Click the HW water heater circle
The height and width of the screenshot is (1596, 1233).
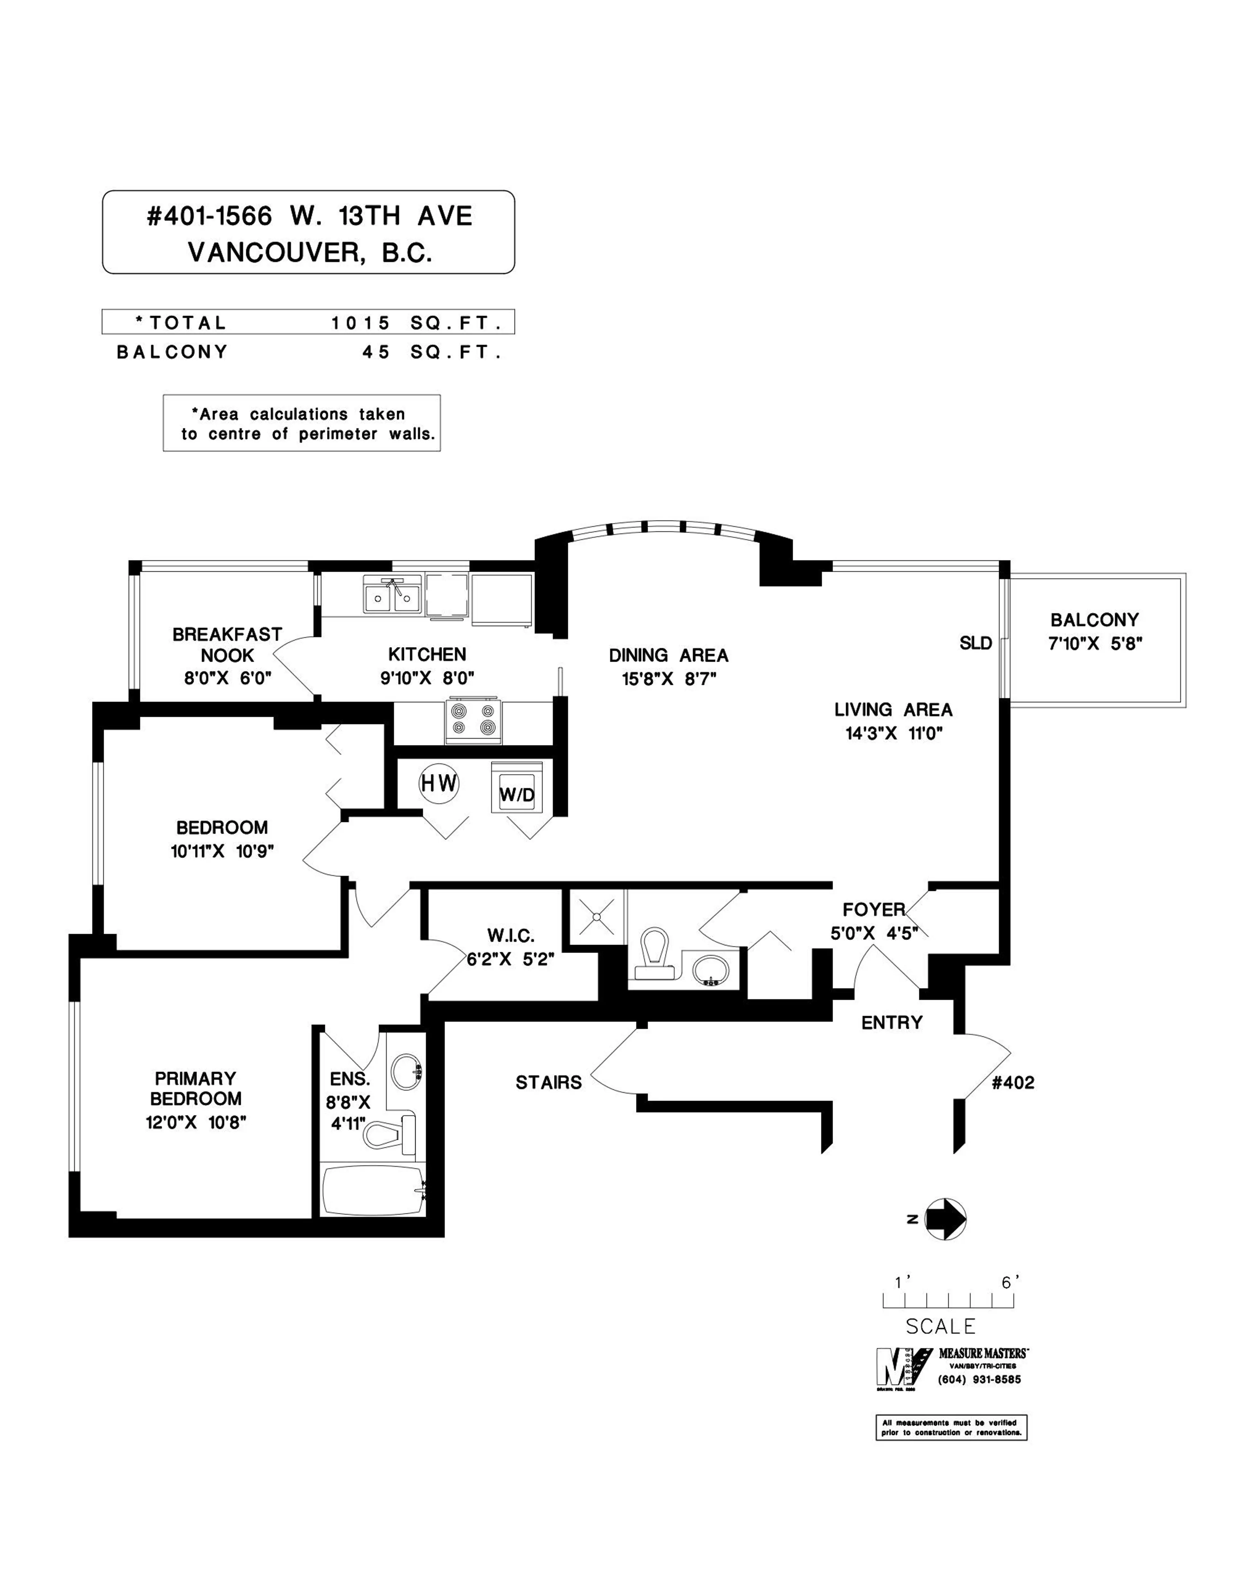click(438, 783)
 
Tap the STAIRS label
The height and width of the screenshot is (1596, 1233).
click(548, 1082)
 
